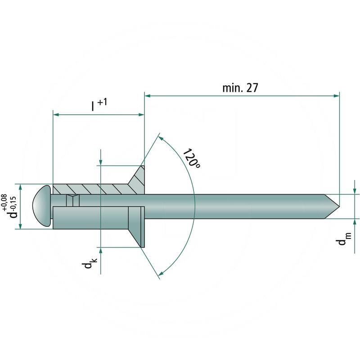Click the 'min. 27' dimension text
click(240, 87)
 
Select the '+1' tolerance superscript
click(102, 102)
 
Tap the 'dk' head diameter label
click(89, 263)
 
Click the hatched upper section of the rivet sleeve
click(90, 189)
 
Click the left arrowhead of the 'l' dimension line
click(56, 115)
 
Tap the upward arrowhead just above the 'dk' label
click(100, 250)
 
